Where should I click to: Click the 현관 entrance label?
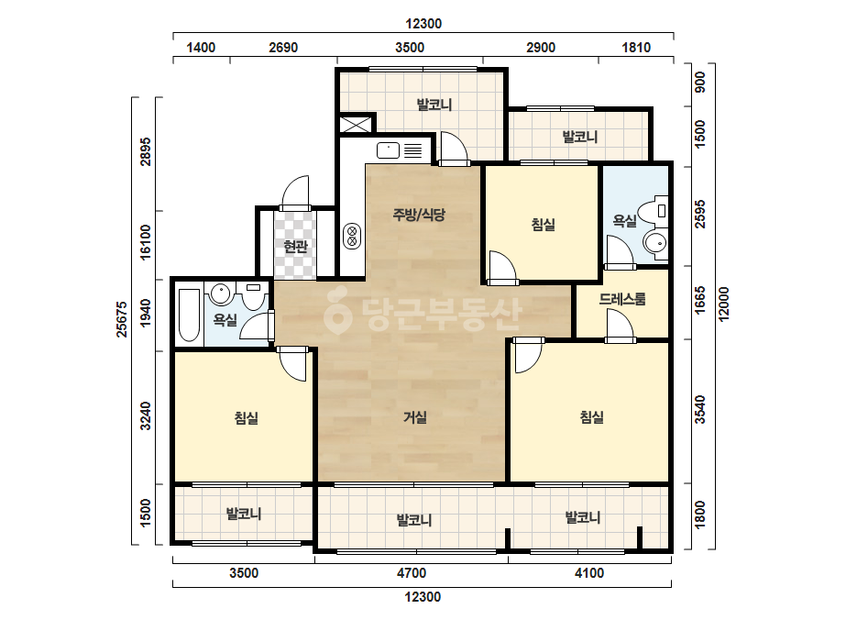pyautogui.click(x=296, y=247)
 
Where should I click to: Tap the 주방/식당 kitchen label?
pyautogui.click(x=419, y=215)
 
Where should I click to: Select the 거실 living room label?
pyautogui.click(x=415, y=417)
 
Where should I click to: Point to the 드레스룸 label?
pyautogui.click(x=622, y=299)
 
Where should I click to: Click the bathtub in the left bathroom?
pyautogui.click(x=189, y=316)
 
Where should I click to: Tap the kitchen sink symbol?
pyautogui.click(x=388, y=150)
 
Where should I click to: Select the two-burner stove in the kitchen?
pyautogui.click(x=352, y=236)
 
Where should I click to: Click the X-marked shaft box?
pyautogui.click(x=356, y=124)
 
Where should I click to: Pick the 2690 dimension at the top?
pyautogui.click(x=283, y=48)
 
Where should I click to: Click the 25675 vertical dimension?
pyautogui.click(x=122, y=319)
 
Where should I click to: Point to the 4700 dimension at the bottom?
pyautogui.click(x=412, y=573)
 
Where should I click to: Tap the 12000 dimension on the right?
pyautogui.click(x=723, y=304)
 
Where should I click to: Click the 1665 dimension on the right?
pyautogui.click(x=699, y=300)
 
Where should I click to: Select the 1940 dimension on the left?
pyautogui.click(x=146, y=314)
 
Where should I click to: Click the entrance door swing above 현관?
pyautogui.click(x=295, y=194)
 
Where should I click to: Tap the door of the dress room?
pyautogui.click(x=620, y=327)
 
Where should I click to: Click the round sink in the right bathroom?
pyautogui.click(x=656, y=244)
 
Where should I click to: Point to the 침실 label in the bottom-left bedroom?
pyautogui.click(x=246, y=418)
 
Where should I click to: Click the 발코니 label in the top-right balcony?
pyautogui.click(x=580, y=138)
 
